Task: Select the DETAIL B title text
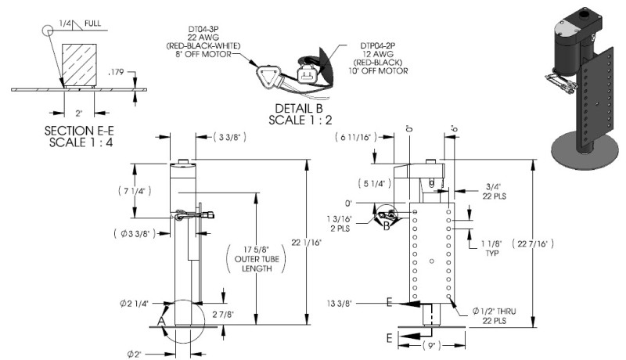point(302,113)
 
